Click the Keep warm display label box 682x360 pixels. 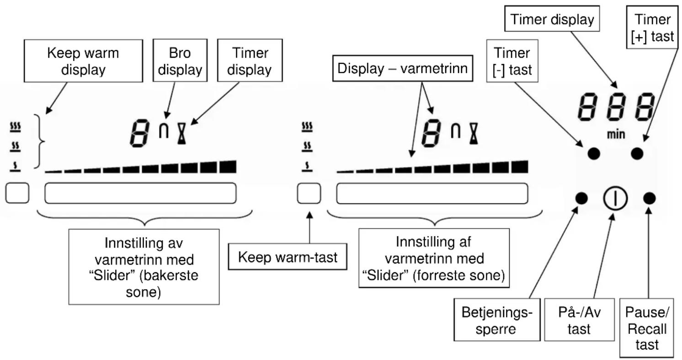[84, 60]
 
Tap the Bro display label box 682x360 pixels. [180, 60]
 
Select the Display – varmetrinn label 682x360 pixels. [403, 68]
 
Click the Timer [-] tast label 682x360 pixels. [512, 61]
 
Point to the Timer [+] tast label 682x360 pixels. [652, 27]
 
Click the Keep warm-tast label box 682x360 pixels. [288, 257]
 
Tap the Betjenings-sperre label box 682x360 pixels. [497, 320]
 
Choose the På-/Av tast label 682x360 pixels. [579, 320]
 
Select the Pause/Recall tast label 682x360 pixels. [647, 328]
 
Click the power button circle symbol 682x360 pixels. [615, 198]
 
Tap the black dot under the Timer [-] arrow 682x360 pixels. [594, 153]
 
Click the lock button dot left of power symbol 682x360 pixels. [581, 198]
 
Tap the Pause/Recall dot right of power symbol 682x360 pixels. [650, 198]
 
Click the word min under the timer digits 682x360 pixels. [616, 134]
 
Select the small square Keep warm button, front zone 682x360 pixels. [309, 193]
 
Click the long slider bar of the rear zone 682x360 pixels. [140, 193]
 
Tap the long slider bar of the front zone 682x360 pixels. [432, 193]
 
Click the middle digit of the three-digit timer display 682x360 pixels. [617, 107]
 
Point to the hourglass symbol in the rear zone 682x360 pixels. [182, 134]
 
